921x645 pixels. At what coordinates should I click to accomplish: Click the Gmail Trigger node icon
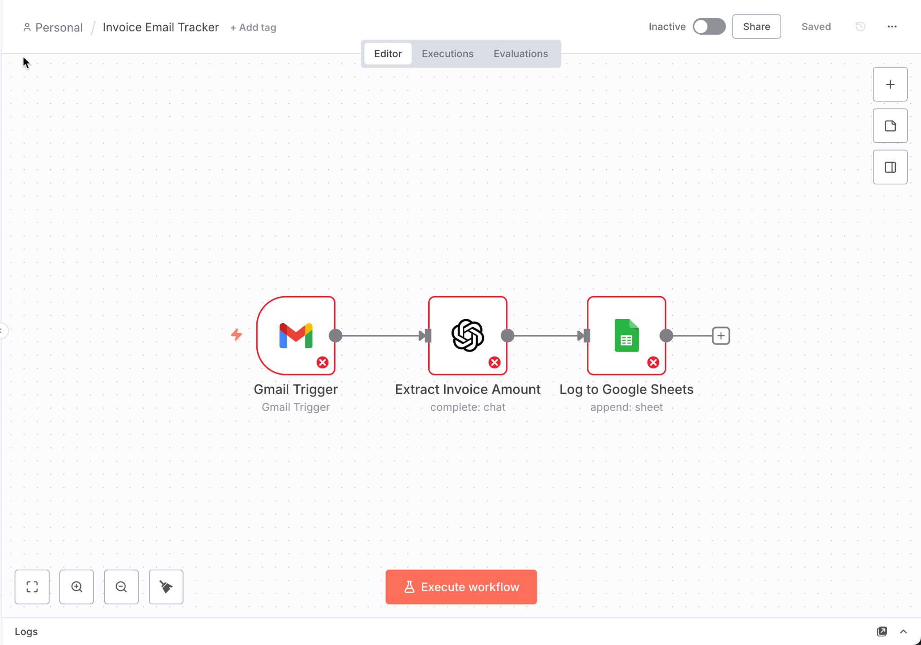pos(295,335)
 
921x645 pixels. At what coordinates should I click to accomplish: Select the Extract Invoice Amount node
pos(467,335)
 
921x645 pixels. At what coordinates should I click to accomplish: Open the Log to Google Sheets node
pos(626,335)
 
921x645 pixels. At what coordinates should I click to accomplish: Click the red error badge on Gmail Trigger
pos(322,362)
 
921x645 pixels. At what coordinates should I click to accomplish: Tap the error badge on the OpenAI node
pos(495,362)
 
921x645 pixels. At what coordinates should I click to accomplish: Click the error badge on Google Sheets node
pos(653,362)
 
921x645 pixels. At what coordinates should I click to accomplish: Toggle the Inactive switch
pos(709,27)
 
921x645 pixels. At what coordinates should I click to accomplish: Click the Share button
pos(756,27)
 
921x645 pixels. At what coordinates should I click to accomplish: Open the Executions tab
pos(447,54)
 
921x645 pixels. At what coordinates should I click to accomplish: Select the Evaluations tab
pos(520,54)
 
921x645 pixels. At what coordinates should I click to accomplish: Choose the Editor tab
pos(388,54)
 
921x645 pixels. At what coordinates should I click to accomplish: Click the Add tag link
pos(253,27)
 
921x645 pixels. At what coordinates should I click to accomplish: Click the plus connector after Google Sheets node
pos(721,336)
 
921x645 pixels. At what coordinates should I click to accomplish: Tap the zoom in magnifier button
pos(76,586)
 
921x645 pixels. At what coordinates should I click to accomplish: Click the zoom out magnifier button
pos(121,586)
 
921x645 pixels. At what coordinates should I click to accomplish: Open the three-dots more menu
pos(892,27)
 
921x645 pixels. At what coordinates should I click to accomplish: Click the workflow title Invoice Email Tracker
pos(161,27)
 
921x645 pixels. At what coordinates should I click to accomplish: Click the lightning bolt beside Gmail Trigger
pos(237,334)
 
